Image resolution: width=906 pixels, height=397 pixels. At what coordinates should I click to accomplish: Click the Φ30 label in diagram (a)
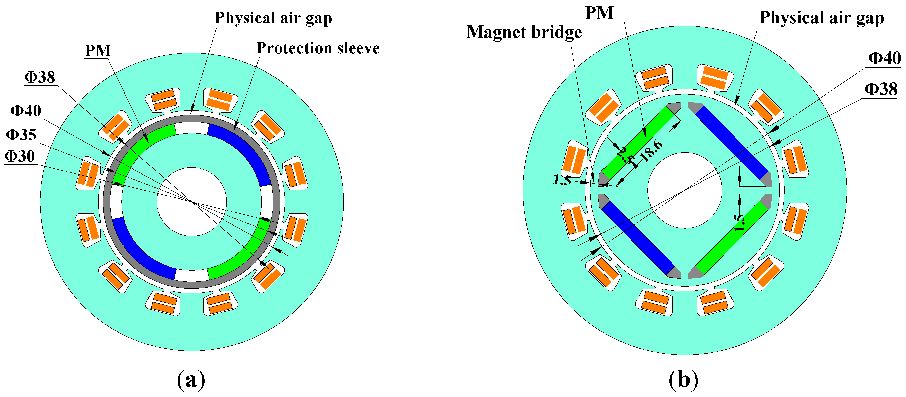[20, 156]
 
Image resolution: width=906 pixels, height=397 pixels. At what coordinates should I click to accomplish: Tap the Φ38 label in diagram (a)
[39, 77]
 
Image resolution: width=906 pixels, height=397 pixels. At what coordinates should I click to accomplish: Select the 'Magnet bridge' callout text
[524, 32]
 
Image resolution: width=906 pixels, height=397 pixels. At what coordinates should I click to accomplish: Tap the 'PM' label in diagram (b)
[599, 13]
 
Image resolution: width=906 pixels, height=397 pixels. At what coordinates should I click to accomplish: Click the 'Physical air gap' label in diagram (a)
[273, 18]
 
